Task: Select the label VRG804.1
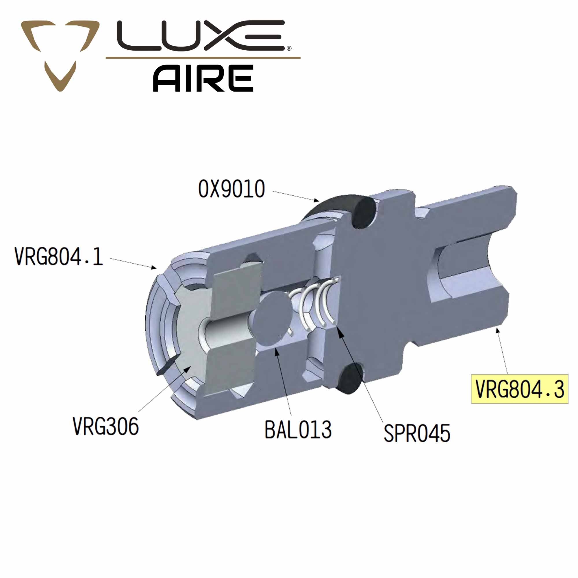59,256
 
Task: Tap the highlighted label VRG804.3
520,389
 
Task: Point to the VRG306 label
106,426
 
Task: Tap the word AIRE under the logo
203,78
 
